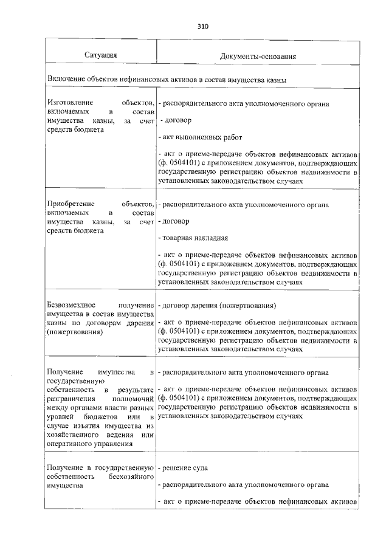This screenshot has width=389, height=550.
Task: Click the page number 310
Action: click(203, 27)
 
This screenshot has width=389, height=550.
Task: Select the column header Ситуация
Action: click(100, 56)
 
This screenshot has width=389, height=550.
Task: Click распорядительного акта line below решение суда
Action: click(243, 485)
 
